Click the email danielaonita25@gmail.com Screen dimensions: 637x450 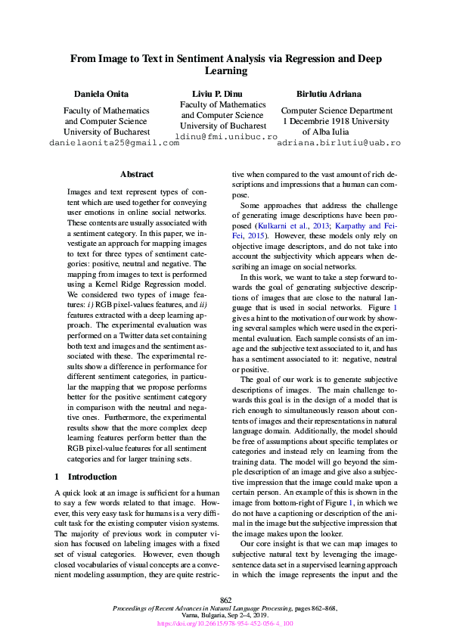coord(113,142)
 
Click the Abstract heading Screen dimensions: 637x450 coord(137,175)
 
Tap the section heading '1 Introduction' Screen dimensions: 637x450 coord(86,477)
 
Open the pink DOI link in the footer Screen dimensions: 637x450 coord(225,624)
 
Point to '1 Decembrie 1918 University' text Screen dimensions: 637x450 coord(337,121)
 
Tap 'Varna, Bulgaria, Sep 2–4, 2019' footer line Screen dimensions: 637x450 coord(225,616)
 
